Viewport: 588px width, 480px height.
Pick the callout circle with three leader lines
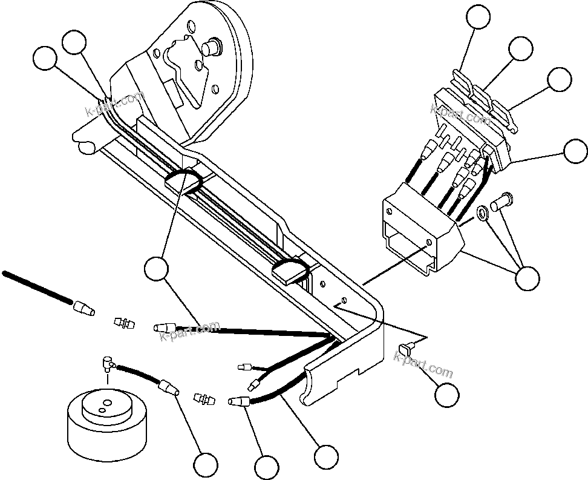click(x=526, y=278)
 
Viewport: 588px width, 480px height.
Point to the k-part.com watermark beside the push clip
click(x=423, y=364)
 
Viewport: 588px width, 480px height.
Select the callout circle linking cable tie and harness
click(x=158, y=268)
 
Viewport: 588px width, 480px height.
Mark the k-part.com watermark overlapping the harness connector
click(x=188, y=330)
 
